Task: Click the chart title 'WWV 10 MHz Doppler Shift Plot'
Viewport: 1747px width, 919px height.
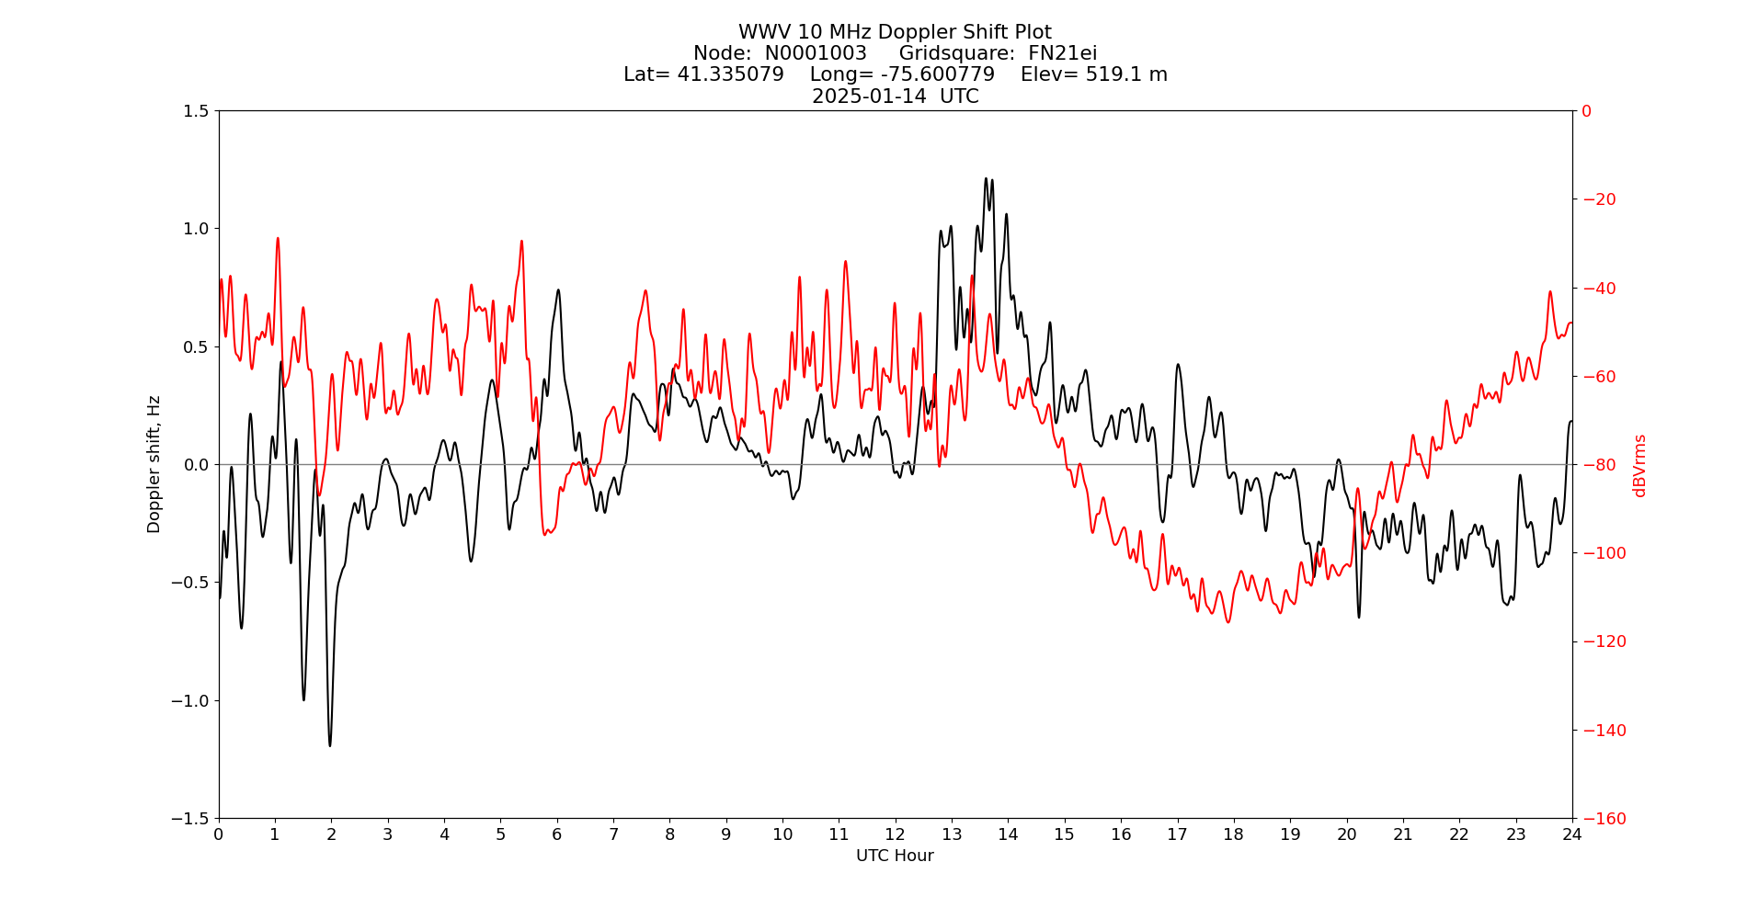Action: point(895,33)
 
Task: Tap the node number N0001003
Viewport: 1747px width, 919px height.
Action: point(816,54)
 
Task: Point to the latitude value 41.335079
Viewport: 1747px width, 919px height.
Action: point(730,75)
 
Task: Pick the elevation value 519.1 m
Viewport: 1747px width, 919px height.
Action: point(1126,75)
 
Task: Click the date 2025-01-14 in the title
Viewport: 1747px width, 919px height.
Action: point(869,96)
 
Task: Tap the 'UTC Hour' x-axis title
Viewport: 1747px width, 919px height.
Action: point(895,857)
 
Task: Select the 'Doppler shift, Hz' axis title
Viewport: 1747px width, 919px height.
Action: point(154,464)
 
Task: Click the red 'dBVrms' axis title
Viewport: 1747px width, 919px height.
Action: point(1639,465)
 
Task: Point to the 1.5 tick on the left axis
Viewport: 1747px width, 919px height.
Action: point(195,111)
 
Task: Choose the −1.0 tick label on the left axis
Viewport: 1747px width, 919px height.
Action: point(189,701)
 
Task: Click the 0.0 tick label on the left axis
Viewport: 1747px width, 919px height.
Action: point(195,465)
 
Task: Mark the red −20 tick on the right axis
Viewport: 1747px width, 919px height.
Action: point(1599,199)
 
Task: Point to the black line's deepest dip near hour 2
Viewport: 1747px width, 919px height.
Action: point(330,745)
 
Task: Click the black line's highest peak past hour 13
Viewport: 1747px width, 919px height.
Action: point(986,178)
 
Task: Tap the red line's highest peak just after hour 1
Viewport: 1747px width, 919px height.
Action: point(277,238)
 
